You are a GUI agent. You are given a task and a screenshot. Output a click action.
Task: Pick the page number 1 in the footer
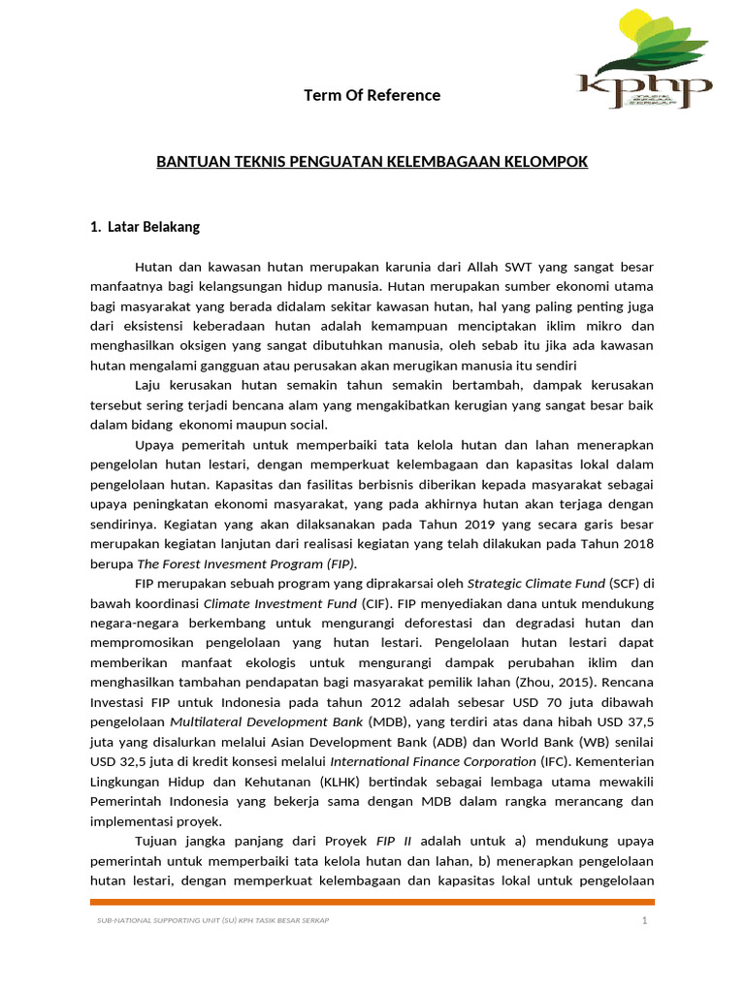click(x=644, y=920)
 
